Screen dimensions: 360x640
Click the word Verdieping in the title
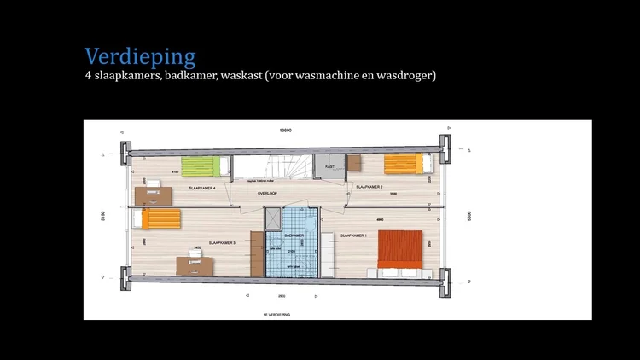click(140, 56)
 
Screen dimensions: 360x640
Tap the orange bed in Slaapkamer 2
click(403, 164)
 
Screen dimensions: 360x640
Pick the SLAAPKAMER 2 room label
click(368, 186)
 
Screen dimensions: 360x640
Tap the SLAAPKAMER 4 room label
click(201, 187)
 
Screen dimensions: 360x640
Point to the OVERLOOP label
click(268, 194)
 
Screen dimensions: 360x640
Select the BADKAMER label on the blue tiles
click(294, 235)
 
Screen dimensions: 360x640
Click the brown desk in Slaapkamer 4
click(153, 195)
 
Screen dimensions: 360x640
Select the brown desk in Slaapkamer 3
click(195, 265)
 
